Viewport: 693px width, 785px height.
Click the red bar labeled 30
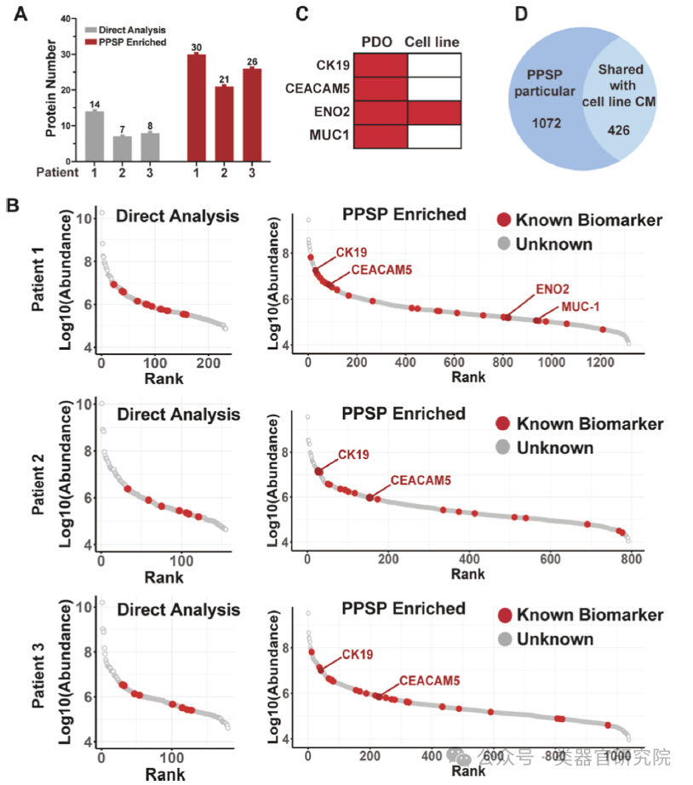point(196,107)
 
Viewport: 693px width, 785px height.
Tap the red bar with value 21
point(225,123)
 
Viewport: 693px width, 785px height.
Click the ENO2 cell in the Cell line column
point(434,113)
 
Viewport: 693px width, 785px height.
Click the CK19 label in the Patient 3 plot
point(358,654)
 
